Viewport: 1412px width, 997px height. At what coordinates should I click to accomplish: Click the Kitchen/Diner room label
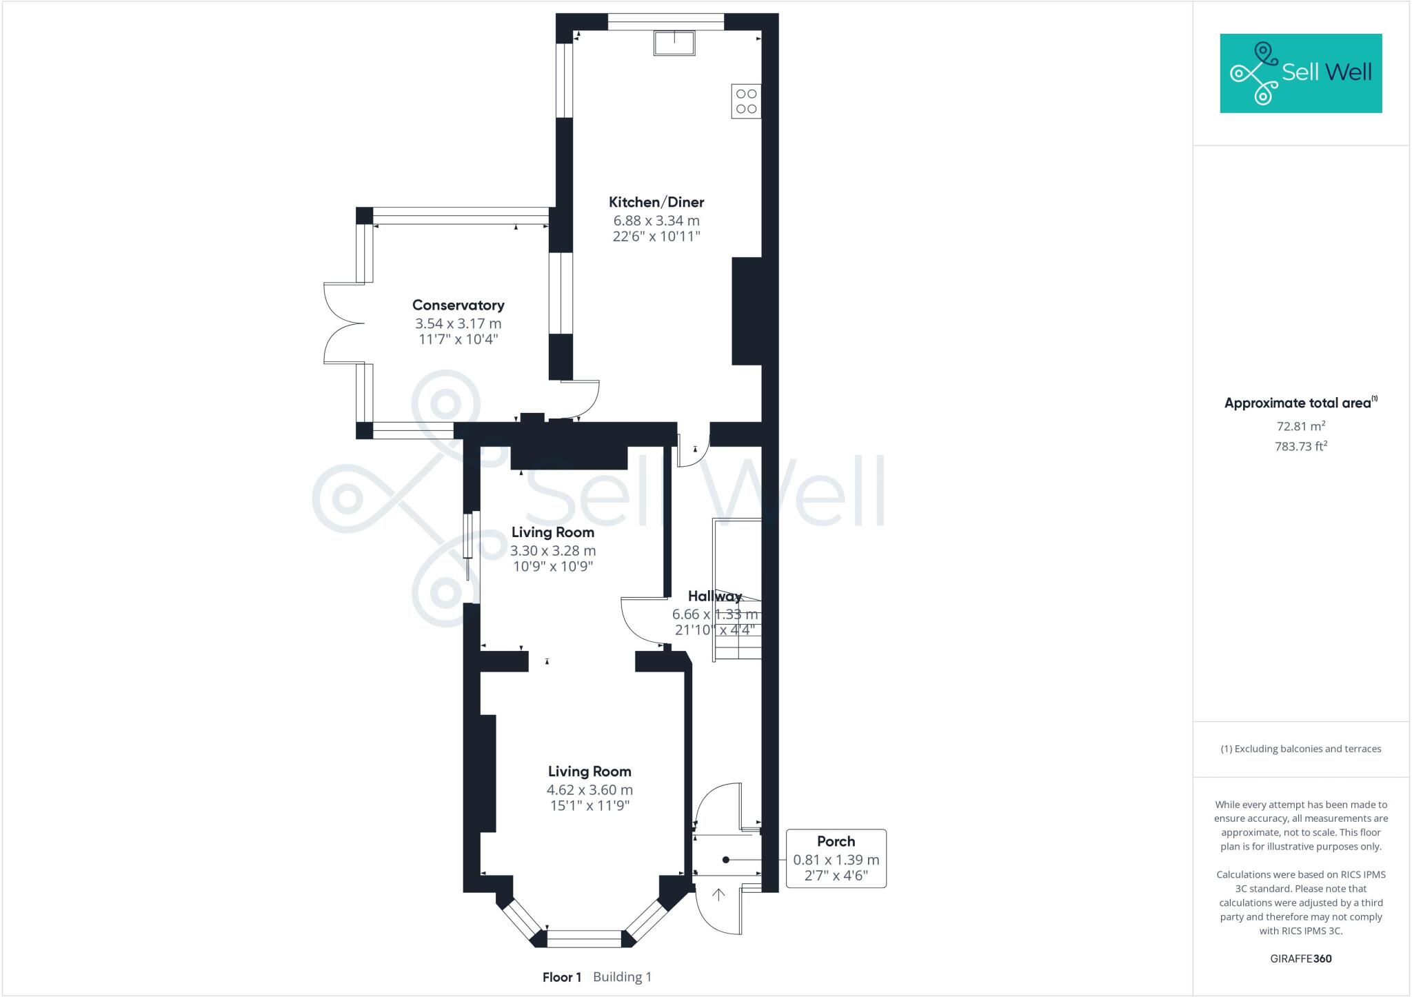[x=656, y=202]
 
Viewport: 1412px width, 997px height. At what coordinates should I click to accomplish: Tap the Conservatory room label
[x=458, y=305]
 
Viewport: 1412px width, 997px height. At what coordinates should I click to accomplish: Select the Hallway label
[x=715, y=596]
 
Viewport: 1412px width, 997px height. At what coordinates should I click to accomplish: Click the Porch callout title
[x=836, y=841]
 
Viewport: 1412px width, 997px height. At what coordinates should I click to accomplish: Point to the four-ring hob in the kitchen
[x=746, y=101]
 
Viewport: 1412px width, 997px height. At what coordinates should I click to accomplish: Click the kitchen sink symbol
[x=674, y=43]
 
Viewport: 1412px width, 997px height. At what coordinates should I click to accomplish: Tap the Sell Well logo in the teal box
[x=1300, y=73]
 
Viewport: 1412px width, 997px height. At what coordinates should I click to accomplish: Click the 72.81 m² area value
[x=1300, y=426]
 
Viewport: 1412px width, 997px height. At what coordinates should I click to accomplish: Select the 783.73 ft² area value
[x=1300, y=446]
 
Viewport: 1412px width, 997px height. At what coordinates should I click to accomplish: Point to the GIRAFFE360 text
[x=1300, y=958]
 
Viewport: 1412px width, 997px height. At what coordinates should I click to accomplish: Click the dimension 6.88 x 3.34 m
[x=656, y=221]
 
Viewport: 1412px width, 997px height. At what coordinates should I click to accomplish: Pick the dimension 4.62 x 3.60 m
[x=589, y=790]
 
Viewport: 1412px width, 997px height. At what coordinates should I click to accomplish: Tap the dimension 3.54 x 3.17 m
[x=458, y=323]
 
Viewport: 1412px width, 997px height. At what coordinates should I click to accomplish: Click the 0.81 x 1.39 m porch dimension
[x=836, y=860]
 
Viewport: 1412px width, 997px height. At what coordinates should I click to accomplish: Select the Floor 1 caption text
[x=562, y=977]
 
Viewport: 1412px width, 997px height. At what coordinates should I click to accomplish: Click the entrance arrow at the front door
[x=718, y=895]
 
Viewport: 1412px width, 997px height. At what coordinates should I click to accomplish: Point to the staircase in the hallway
[x=736, y=590]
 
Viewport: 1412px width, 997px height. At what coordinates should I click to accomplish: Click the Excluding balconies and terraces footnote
[x=1300, y=749]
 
